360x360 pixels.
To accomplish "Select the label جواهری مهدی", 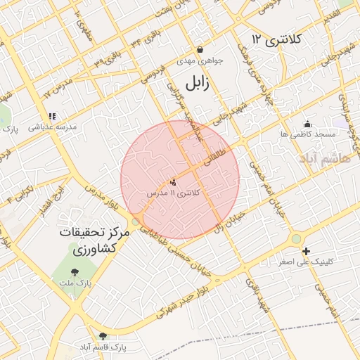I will tap(200, 61).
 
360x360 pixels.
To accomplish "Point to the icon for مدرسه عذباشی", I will tap(51, 116).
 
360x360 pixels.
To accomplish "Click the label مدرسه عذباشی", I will tap(52, 127).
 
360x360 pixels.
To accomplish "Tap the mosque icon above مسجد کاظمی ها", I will tap(307, 123).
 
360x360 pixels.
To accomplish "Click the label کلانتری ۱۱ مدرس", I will tap(174, 192).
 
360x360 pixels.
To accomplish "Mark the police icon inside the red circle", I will tap(174, 181).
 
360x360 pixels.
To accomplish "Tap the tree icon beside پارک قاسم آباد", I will tap(103, 336).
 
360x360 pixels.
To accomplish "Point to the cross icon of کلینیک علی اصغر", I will tap(306, 251).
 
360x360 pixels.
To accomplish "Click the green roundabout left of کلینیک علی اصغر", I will tap(296, 240).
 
